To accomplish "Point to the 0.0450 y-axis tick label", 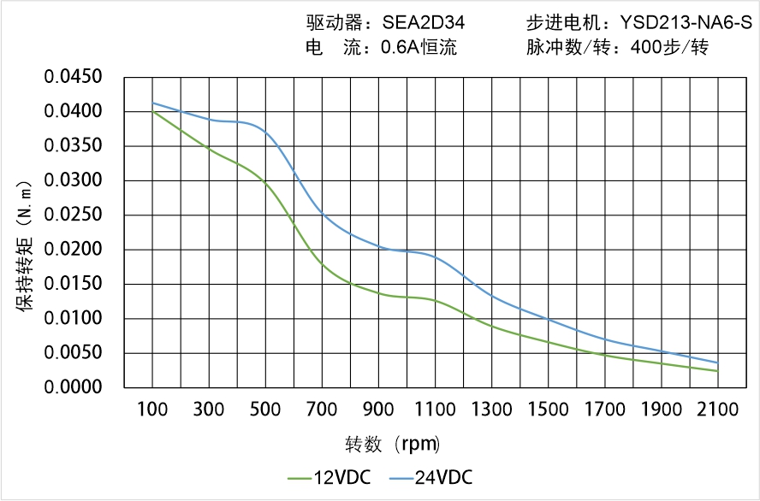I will pos(74,78).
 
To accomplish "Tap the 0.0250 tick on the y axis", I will pos(74,215).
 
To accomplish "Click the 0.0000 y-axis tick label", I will pos(74,387).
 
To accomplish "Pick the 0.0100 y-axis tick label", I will pos(74,319).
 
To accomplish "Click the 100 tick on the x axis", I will pos(153,410).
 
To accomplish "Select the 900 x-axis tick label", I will pos(379,410).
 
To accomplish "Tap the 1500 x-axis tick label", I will pos(549,410).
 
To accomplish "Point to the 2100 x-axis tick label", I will pos(718,410).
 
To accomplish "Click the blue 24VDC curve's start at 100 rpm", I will pos(153,103).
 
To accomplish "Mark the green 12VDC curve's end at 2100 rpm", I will pos(717,370).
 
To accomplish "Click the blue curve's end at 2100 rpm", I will pos(717,362).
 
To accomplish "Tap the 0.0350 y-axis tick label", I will pos(74,146).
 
